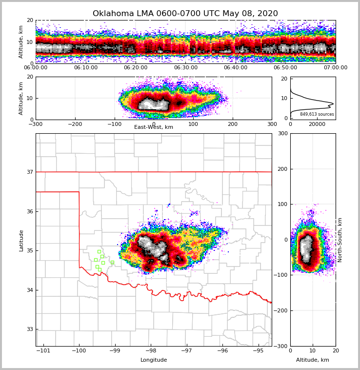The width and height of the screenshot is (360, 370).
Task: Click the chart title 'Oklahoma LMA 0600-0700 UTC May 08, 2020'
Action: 185,14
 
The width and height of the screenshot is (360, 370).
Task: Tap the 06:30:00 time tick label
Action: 186,68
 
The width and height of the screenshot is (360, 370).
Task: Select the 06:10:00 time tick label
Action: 86,68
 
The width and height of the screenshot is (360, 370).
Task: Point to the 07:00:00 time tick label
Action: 335,68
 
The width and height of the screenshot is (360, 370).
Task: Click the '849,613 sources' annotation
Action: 317,114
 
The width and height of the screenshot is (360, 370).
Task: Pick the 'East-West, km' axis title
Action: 154,127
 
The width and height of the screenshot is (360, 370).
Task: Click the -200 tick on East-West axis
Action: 75,124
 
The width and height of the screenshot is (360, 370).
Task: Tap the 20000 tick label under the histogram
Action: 317,124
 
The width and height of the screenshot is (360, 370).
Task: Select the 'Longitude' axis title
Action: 154,360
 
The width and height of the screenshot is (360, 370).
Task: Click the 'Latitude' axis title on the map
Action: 21,240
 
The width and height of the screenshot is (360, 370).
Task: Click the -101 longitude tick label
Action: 43,351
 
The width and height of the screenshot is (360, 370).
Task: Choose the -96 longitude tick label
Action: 222,351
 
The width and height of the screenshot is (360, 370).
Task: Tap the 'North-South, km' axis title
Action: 340,240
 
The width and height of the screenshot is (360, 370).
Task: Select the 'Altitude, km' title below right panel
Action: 313,360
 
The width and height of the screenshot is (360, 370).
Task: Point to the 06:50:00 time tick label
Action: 285,68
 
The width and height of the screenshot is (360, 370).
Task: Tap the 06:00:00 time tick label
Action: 36,68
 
